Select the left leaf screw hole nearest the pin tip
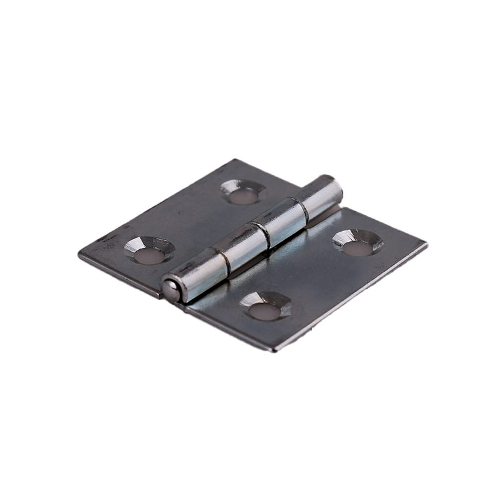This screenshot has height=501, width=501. coord(149,251)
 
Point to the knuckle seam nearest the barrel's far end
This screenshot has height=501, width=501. coord(303,210)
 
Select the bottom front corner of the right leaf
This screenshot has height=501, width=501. coord(274,349)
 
